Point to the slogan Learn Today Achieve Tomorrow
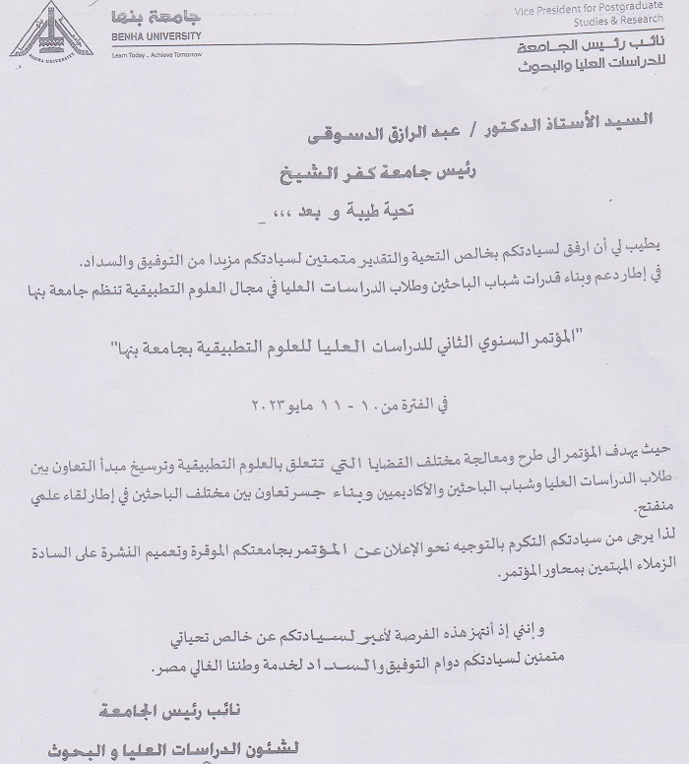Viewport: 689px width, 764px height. click(157, 54)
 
